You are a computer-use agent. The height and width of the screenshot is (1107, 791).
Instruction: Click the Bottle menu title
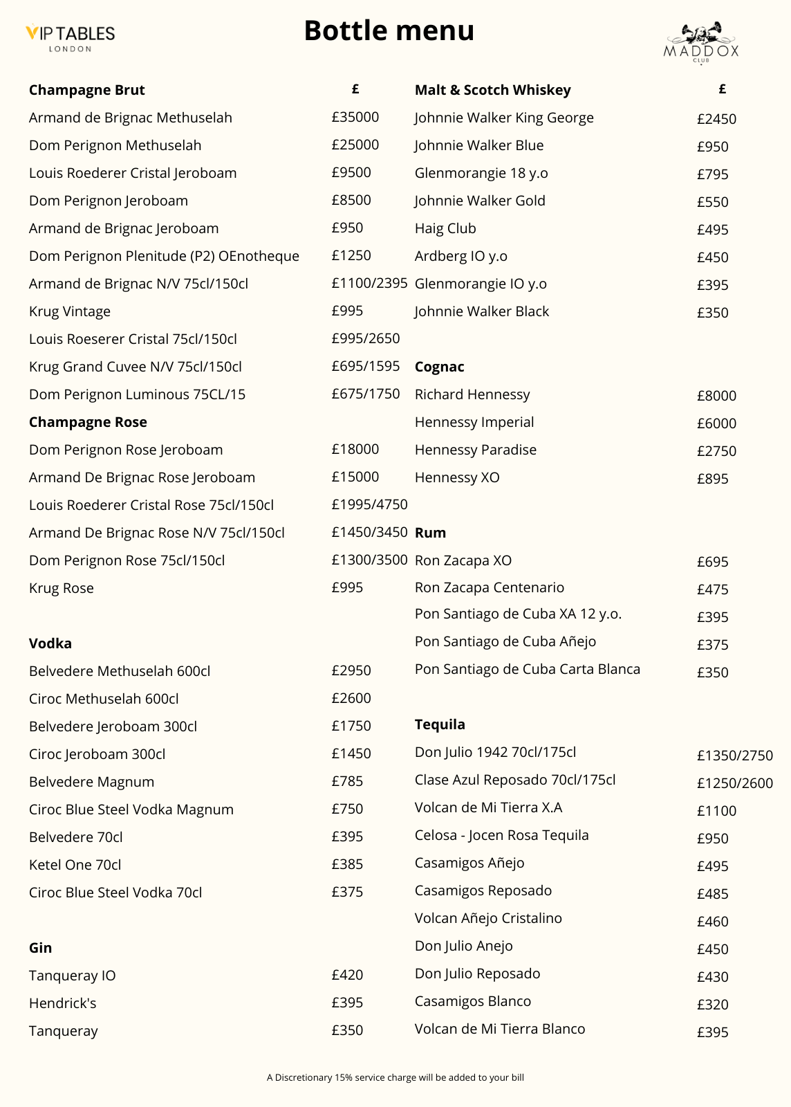[x=389, y=30]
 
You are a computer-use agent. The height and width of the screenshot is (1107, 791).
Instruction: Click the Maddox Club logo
[x=701, y=43]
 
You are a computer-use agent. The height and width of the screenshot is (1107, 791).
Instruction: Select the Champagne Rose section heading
[x=88, y=422]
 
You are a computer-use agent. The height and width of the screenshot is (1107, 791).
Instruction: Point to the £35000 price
[x=355, y=117]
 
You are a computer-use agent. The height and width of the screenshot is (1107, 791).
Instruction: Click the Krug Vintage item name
[x=70, y=311]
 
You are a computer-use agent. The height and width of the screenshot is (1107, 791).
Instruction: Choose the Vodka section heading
[x=50, y=643]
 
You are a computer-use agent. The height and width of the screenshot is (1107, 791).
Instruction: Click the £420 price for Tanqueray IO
[x=347, y=975]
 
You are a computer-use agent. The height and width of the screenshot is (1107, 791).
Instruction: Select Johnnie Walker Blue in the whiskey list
[x=479, y=145]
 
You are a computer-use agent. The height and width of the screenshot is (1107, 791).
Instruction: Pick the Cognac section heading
[x=439, y=367]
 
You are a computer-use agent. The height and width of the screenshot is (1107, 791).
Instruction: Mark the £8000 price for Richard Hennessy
[x=716, y=396]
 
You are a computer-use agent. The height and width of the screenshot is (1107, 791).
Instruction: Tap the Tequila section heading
[x=440, y=724]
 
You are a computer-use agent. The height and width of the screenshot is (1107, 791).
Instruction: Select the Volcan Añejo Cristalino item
[x=488, y=918]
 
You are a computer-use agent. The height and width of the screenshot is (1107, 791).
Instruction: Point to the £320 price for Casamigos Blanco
[x=712, y=1005]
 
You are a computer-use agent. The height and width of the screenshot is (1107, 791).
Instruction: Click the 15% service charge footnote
[x=395, y=1077]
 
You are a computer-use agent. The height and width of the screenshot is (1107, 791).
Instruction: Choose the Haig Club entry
[x=445, y=228]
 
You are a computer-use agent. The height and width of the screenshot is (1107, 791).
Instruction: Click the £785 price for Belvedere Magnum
[x=347, y=781]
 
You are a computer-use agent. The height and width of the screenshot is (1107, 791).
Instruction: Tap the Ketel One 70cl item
[x=75, y=865]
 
